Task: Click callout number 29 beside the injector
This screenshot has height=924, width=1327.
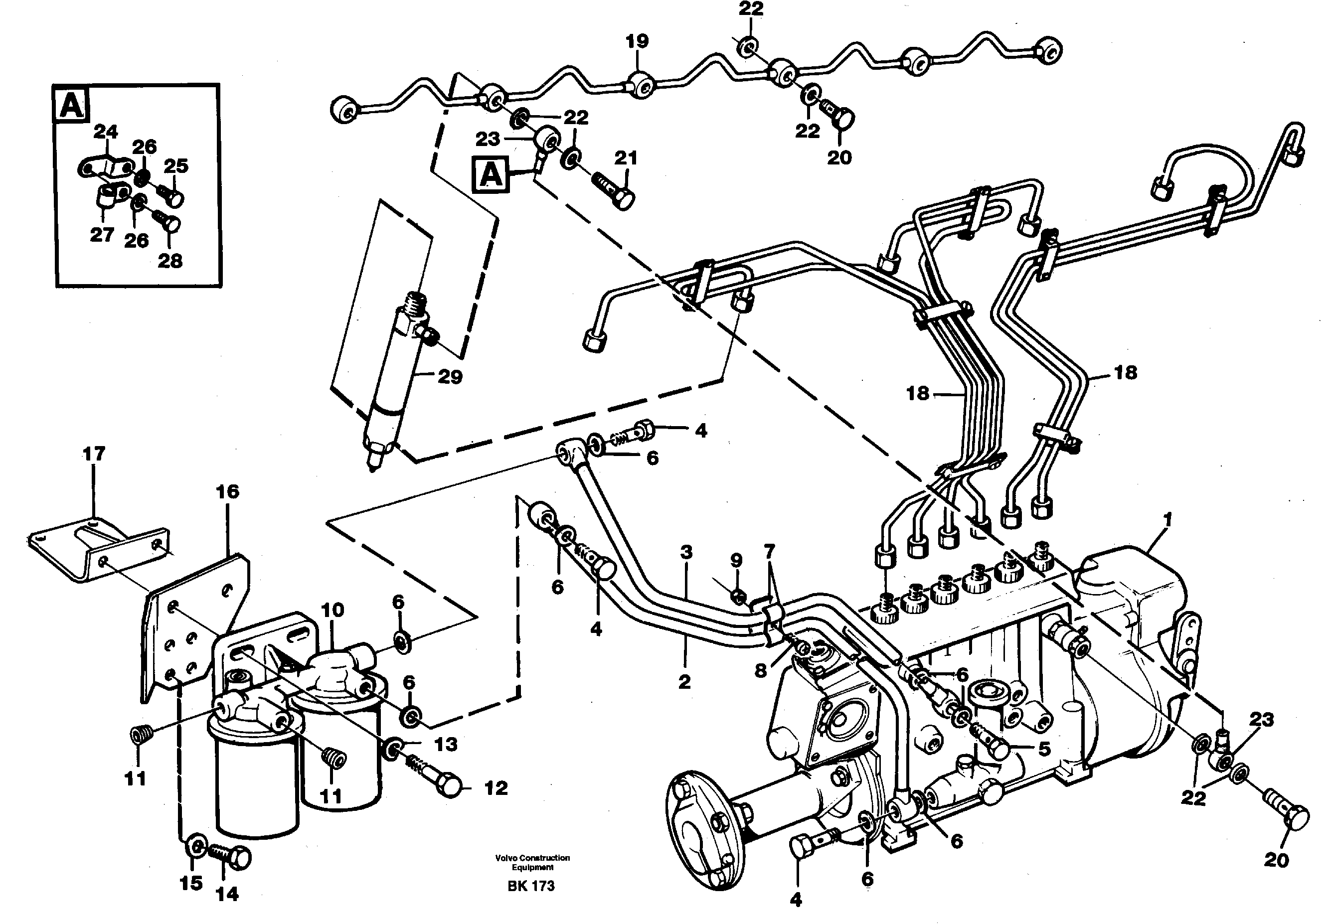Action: tap(450, 377)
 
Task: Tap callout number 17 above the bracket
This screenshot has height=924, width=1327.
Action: tap(94, 454)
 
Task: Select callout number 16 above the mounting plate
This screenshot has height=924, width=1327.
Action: tap(227, 492)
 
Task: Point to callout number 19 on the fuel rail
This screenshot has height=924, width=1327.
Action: tap(637, 41)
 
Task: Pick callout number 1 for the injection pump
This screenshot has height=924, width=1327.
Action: tap(1167, 520)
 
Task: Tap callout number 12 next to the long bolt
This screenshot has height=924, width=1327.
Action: tap(496, 788)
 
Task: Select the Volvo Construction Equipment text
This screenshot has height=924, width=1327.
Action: tap(532, 862)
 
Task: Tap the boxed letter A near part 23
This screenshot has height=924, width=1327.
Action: tap(491, 174)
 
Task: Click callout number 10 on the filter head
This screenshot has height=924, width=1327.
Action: tap(332, 610)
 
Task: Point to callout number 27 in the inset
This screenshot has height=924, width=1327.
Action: tap(102, 235)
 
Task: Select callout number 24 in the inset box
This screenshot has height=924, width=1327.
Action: tap(106, 132)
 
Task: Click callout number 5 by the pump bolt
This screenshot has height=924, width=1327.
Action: tap(1044, 749)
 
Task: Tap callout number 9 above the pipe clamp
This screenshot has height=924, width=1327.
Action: tap(736, 560)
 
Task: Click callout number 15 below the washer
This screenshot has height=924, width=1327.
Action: tap(191, 884)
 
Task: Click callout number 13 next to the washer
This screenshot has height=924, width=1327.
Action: tap(446, 744)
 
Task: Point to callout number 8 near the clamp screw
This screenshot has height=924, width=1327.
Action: tap(761, 670)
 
